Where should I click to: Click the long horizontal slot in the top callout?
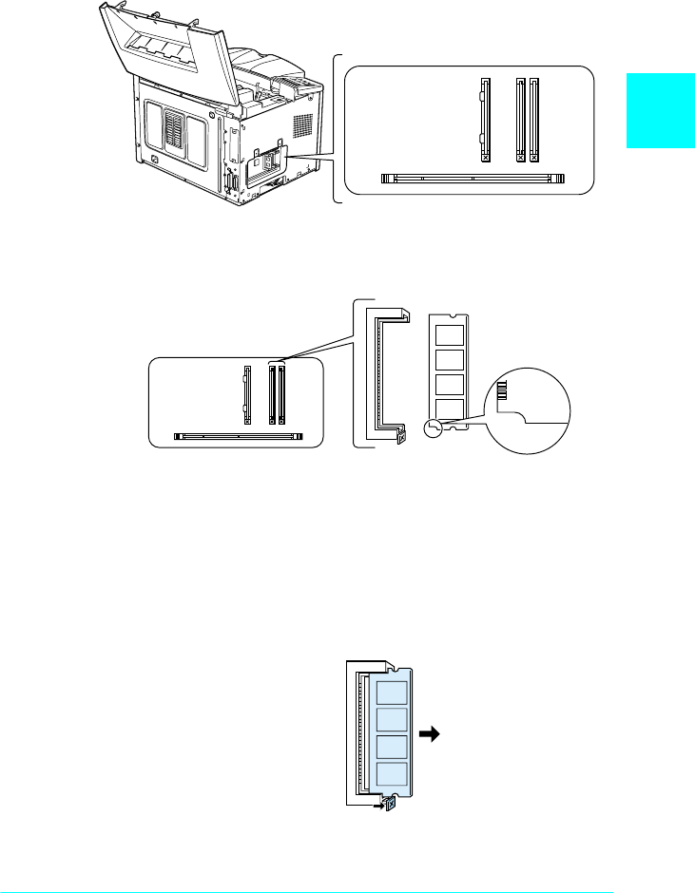tap(473, 178)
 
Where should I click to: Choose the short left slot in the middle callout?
tap(247, 394)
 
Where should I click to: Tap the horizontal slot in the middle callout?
tap(240, 438)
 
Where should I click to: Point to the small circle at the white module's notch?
tap(434, 428)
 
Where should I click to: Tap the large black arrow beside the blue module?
tap(433, 733)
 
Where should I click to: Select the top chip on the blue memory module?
tap(392, 691)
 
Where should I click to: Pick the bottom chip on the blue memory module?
tap(392, 773)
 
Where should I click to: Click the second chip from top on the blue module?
tap(392, 719)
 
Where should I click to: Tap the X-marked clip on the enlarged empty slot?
tap(400, 434)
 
